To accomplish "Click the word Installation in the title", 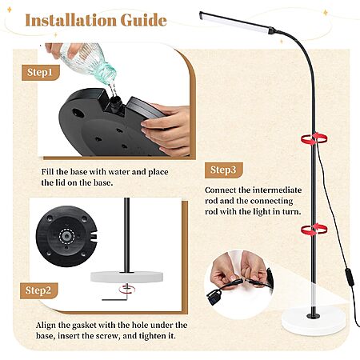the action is coord(70,20).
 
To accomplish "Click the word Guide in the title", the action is coord(144,20).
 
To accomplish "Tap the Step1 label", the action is coord(40,72).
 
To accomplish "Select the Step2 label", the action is coord(38,290).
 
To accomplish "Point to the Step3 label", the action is coord(223,170).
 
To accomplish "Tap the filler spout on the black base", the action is coord(116,103).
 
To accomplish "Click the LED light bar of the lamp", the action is coord(234,22).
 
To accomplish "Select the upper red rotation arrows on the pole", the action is coord(314,138).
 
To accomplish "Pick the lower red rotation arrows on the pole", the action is coord(314,230).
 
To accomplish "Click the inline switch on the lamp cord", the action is coord(350,278).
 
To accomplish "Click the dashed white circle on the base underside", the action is coord(66,236).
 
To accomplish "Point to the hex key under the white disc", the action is coord(115,297).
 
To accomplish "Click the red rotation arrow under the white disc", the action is coord(127,290).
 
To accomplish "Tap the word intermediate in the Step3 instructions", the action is coord(277,190).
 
